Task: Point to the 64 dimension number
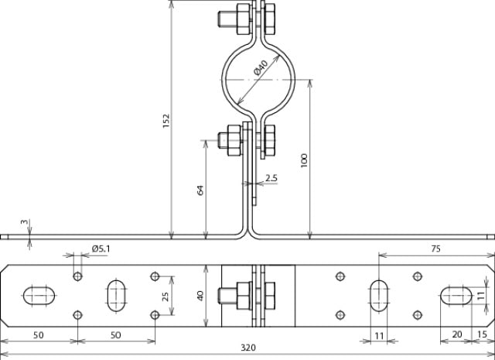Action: click(200, 189)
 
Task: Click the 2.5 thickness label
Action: click(271, 178)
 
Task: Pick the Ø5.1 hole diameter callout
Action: click(101, 249)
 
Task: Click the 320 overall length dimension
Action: click(247, 348)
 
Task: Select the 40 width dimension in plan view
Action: click(200, 295)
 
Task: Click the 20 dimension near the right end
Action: click(456, 334)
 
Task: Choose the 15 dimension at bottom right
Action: click(483, 334)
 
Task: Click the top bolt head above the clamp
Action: click(230, 19)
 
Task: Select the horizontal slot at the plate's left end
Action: click(39, 295)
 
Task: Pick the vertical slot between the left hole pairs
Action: click(117, 295)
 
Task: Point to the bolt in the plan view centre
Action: click(230, 295)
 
